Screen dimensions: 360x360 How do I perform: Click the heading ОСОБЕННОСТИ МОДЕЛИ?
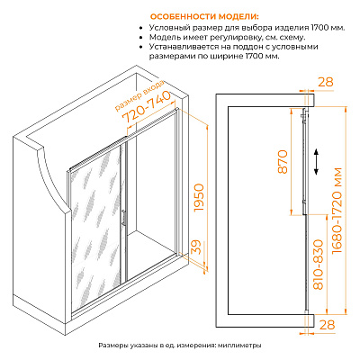[x=204, y=16]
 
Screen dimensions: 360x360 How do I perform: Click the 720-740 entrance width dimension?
[x=147, y=107]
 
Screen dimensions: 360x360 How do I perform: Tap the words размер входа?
[x=139, y=95]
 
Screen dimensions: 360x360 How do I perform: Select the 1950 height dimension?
[x=199, y=198]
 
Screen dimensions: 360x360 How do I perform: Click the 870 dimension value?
[x=283, y=162]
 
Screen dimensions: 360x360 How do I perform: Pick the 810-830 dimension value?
[x=319, y=265]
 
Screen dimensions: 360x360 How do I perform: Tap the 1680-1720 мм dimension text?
[x=337, y=211]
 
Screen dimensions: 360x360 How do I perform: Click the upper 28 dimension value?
[x=326, y=82]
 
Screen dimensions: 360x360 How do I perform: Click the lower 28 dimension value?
[x=327, y=324]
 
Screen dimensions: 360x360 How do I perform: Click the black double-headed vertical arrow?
[x=316, y=161]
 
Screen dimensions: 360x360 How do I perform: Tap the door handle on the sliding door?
[x=123, y=217]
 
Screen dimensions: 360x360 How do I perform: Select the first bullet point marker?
[x=141, y=28]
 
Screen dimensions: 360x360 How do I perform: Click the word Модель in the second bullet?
[x=164, y=38]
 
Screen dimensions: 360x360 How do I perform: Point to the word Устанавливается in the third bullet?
[x=184, y=47]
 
